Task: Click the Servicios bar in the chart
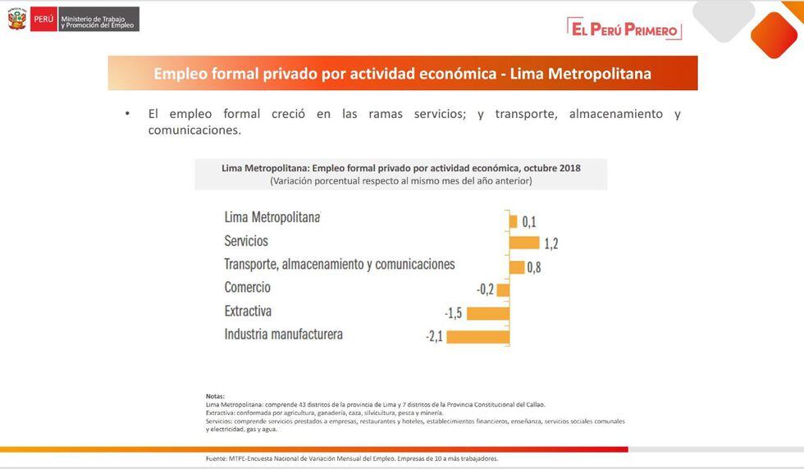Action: point(524,243)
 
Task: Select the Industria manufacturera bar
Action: point(478,336)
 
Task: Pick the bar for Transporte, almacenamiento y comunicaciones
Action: point(517,266)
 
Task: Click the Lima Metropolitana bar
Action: point(513,221)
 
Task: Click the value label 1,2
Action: point(550,244)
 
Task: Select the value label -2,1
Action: point(434,337)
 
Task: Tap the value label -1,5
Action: point(454,313)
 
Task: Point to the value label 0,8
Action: point(534,267)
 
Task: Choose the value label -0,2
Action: point(486,289)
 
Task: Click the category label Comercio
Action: point(247,288)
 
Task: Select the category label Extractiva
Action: point(248,312)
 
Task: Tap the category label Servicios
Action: point(246,241)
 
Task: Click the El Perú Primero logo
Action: point(624,30)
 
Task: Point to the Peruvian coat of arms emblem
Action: point(17,19)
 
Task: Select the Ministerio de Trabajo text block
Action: point(98,19)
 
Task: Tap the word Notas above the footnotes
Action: point(215,396)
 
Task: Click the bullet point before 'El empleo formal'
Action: point(128,114)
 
